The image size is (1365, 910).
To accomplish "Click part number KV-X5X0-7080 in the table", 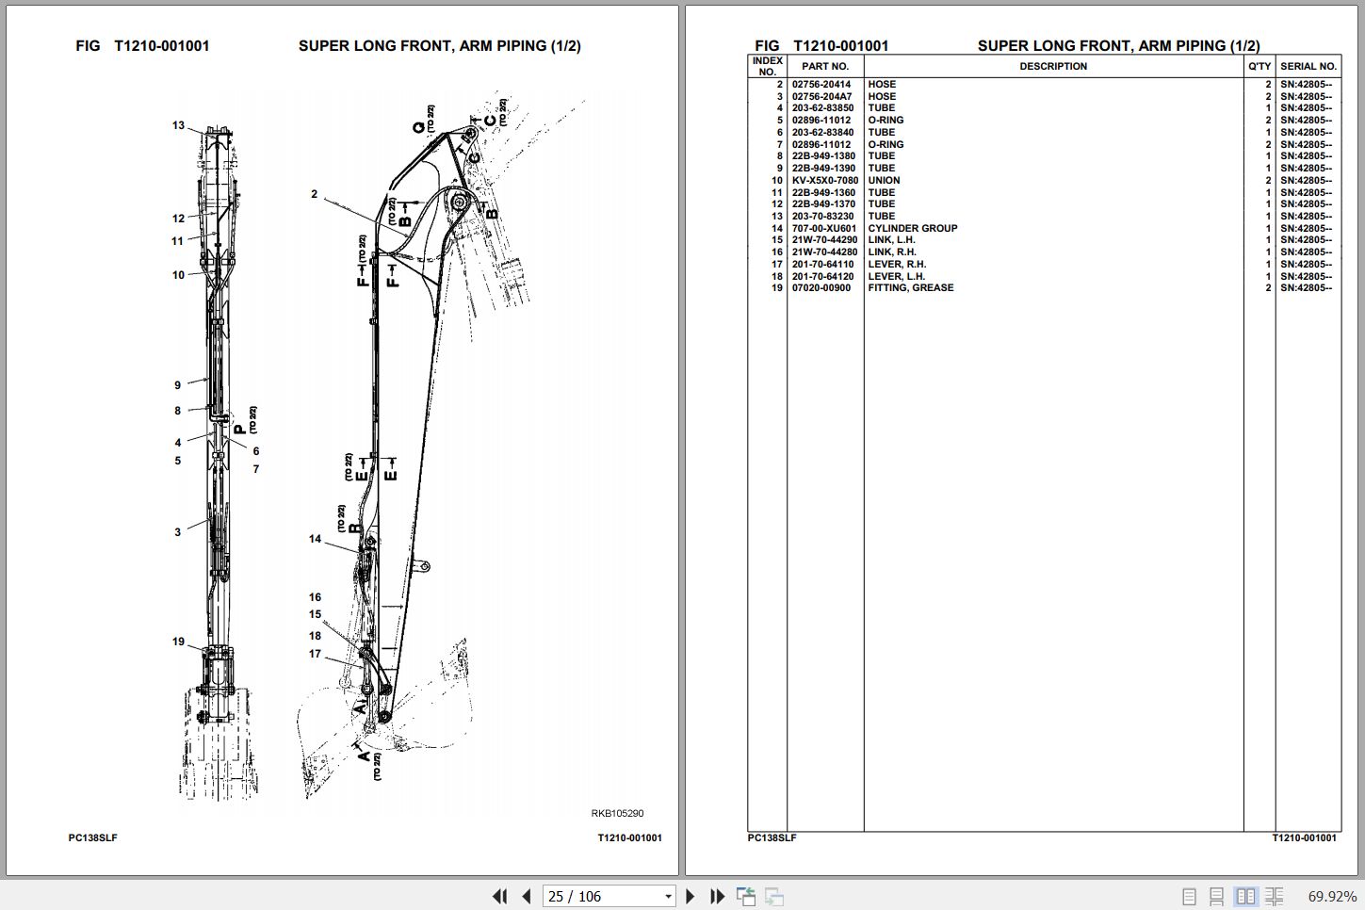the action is tap(824, 181).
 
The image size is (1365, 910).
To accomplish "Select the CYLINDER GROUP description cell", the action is tap(912, 229).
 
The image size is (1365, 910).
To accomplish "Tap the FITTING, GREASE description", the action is tap(910, 287).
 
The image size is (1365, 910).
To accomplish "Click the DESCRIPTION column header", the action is tap(1053, 67).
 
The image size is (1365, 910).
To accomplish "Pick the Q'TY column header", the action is tap(1259, 67).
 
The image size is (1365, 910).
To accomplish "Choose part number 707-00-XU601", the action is tap(824, 229).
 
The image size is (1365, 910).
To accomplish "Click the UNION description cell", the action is tap(884, 181).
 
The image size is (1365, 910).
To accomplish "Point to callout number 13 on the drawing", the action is tap(178, 125).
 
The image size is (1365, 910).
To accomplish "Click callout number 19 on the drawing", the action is tap(178, 642).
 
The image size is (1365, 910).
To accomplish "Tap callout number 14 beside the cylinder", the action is tap(315, 539).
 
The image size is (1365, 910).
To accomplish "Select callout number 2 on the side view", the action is tap(314, 194).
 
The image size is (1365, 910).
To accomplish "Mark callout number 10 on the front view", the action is tap(178, 275).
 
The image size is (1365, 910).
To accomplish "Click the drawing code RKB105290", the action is tap(617, 813).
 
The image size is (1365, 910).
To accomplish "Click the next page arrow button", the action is tap(690, 896).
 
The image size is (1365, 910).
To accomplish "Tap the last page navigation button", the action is tap(717, 896).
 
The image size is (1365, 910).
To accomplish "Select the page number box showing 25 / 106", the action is tap(609, 896).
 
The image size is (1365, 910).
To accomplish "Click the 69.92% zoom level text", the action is tap(1332, 897).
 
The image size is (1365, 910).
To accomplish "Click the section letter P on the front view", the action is tap(240, 430).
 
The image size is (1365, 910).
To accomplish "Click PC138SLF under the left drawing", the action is tap(92, 838).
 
